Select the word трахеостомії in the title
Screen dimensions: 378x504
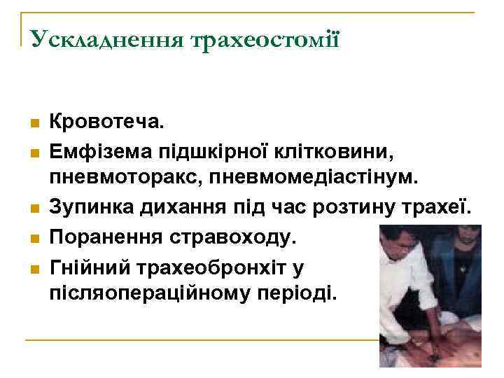[x=263, y=38]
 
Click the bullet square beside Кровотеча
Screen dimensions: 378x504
[x=33, y=125]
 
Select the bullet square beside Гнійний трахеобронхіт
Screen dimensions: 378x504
[x=33, y=268]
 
